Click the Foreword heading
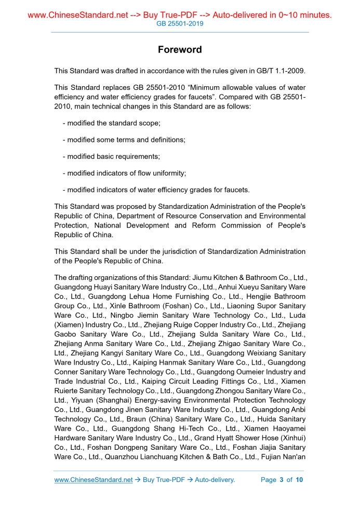[180, 50]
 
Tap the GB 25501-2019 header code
[180, 24]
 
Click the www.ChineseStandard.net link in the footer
[94, 480]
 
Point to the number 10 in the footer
[299, 480]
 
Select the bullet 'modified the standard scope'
[111, 123]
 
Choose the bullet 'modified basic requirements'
[111, 156]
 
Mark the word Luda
[297, 315]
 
